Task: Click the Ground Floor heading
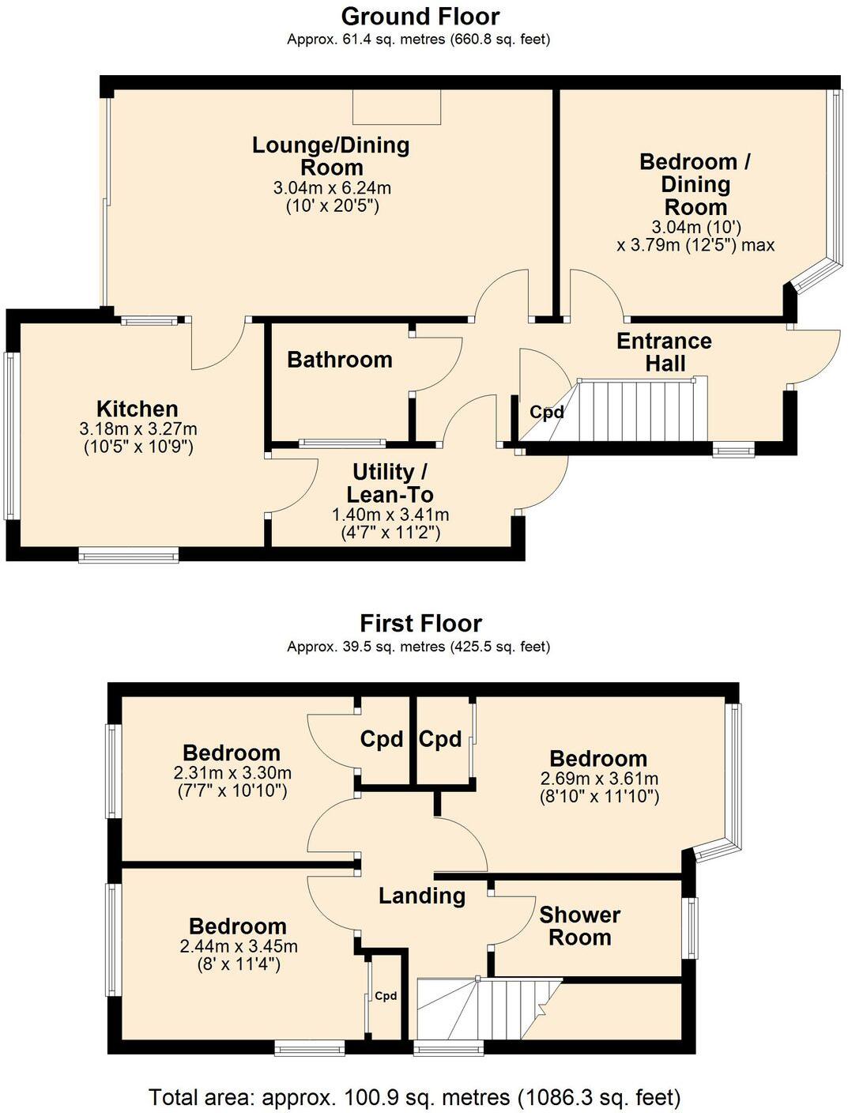click(x=420, y=17)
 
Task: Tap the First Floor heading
click(x=420, y=624)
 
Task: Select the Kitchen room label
click(x=138, y=409)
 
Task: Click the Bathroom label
click(x=340, y=360)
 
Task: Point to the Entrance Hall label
click(x=664, y=352)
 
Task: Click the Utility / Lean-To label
click(x=390, y=483)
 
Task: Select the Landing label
click(x=422, y=896)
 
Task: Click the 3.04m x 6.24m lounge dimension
click(x=332, y=188)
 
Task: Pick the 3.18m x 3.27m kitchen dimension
click(x=138, y=429)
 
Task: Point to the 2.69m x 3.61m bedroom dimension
click(x=599, y=779)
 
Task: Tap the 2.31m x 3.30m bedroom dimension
click(x=232, y=773)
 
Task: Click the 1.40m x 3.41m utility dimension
click(x=390, y=515)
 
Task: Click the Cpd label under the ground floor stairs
click(x=546, y=413)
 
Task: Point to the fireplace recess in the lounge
click(x=397, y=107)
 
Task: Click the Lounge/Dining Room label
click(x=331, y=157)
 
